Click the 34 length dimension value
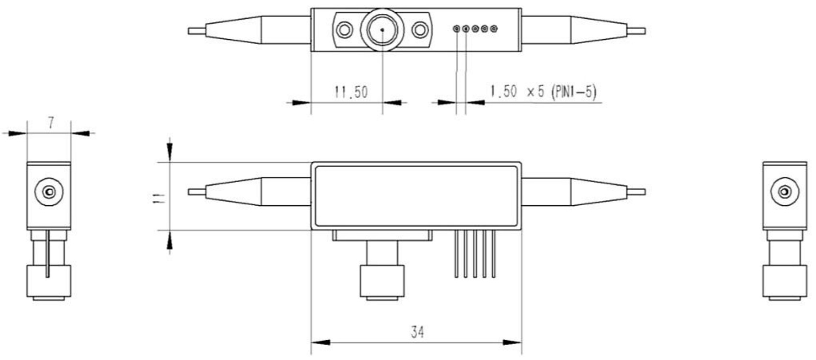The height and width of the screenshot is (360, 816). coord(418,332)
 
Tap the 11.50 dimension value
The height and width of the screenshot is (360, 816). coord(351,92)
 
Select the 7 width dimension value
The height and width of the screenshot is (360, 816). coord(51,123)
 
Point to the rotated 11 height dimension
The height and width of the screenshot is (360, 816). coord(159,198)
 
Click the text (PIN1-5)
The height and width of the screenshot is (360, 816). coord(574,92)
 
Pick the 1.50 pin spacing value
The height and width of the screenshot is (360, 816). coord(503,91)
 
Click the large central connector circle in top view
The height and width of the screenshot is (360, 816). coord(382,30)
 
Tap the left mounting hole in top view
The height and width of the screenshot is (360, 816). coord(344,30)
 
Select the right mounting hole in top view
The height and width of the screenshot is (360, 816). coord(420,30)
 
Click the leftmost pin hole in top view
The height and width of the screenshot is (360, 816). coord(456,29)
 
